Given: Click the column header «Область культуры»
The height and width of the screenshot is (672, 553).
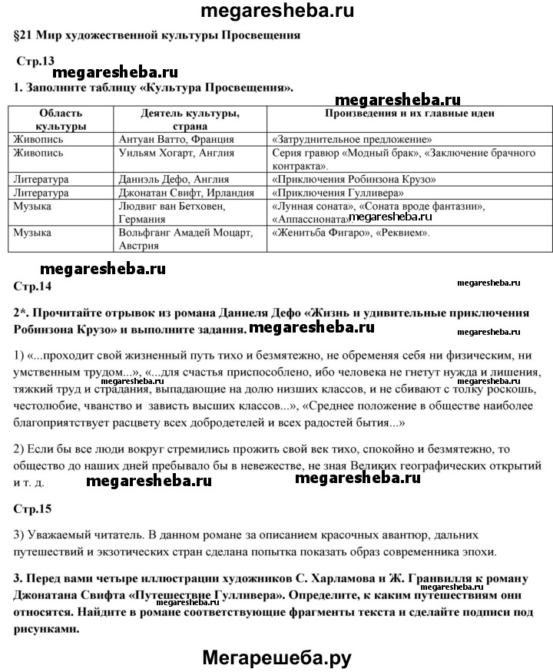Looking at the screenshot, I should [x=61, y=119].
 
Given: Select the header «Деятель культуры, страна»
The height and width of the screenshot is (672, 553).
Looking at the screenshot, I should [x=190, y=119].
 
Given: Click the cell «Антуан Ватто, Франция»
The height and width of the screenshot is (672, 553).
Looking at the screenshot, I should [x=177, y=140].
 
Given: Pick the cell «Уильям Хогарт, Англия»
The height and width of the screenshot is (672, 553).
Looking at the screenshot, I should [x=177, y=154].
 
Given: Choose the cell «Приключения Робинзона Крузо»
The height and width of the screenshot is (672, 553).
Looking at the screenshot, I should [x=354, y=180].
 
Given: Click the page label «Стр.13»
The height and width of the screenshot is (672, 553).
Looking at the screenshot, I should [x=35, y=61].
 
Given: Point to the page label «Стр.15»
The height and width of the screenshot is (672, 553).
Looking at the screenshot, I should [x=32, y=509].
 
